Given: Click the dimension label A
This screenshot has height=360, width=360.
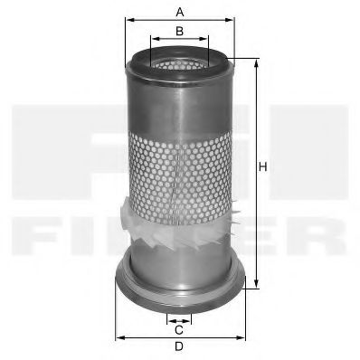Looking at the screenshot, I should click(x=180, y=11).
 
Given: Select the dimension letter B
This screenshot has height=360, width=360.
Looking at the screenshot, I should click(x=180, y=32).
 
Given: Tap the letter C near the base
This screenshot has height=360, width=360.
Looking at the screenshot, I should click(x=179, y=329).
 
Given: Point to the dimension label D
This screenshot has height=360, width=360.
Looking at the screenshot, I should click(x=179, y=347).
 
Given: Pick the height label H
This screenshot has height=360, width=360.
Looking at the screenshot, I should click(x=263, y=166).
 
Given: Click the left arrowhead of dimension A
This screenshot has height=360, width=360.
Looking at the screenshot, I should click(x=128, y=19).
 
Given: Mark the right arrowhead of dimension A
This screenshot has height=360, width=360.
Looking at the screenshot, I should click(x=231, y=19).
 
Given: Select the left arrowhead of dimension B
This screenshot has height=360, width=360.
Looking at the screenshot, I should click(x=153, y=39).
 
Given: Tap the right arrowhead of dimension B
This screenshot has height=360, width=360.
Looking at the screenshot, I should click(x=206, y=39).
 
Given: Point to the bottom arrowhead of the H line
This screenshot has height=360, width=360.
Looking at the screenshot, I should click(x=255, y=281).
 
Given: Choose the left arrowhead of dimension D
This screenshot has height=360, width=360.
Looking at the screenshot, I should click(x=118, y=337).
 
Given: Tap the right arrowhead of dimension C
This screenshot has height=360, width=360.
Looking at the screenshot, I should click(x=191, y=319).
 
